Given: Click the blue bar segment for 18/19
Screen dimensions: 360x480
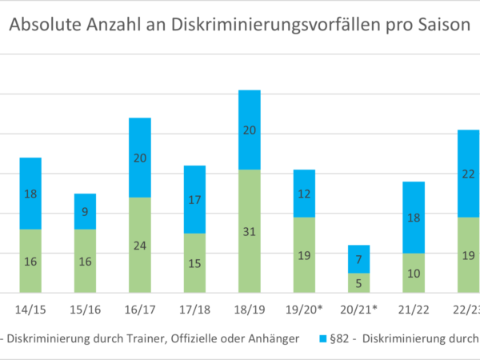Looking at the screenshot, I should pyautogui.click(x=250, y=130).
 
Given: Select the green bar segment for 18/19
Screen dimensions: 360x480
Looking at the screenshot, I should pyautogui.click(x=250, y=230).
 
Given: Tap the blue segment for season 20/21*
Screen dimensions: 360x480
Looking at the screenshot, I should pyautogui.click(x=359, y=259).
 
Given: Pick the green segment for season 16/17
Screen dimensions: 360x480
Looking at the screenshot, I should pyautogui.click(x=140, y=245).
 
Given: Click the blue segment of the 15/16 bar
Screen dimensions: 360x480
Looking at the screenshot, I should pyautogui.click(x=86, y=211).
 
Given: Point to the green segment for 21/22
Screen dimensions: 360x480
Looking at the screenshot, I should pyautogui.click(x=414, y=273).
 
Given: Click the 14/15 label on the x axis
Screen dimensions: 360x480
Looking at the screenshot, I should pyautogui.click(x=30, y=309).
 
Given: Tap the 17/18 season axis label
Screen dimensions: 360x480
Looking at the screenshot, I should pyautogui.click(x=194, y=309).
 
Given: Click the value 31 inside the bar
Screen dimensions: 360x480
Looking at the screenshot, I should pyautogui.click(x=250, y=233).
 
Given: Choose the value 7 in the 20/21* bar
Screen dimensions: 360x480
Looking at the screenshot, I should pyautogui.click(x=359, y=260).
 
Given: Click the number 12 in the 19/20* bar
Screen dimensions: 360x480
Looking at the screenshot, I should pyautogui.click(x=304, y=194).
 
